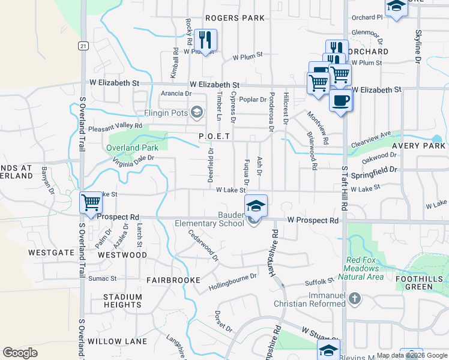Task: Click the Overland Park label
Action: [x=132, y=148]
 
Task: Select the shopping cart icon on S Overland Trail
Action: [x=91, y=202]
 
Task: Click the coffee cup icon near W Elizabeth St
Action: [x=340, y=100]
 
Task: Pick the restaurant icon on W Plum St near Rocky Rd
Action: [x=205, y=40]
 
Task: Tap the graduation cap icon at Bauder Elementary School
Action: [x=256, y=205]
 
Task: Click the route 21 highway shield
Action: [x=83, y=46]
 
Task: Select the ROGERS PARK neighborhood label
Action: [x=234, y=18]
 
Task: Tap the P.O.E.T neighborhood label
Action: [x=214, y=136]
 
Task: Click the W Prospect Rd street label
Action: [x=312, y=221]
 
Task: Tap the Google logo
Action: [x=20, y=353]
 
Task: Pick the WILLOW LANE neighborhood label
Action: [x=117, y=341]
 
